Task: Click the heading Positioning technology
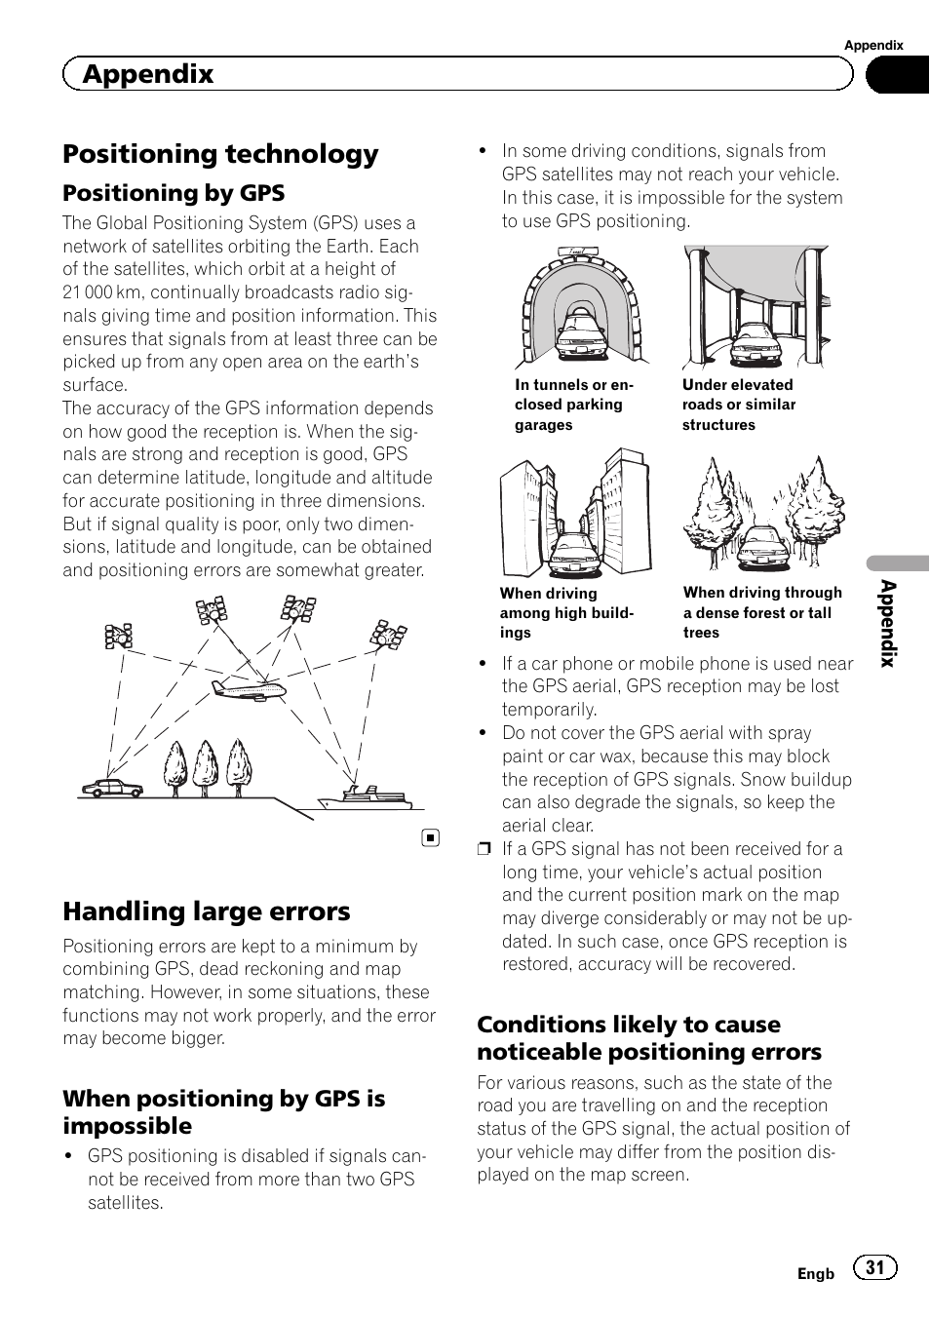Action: [220, 154]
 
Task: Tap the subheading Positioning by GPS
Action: [174, 193]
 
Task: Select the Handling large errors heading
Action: [206, 911]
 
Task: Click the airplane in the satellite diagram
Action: [249, 688]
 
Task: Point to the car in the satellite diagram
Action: [112, 787]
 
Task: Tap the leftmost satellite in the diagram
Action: [119, 637]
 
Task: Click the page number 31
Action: [875, 1267]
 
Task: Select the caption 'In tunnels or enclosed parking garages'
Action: [574, 405]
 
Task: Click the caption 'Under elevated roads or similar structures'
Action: [738, 405]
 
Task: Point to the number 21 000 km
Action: [101, 292]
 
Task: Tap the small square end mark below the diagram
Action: [431, 837]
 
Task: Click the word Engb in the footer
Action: [816, 1274]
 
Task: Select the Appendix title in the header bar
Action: [148, 74]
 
